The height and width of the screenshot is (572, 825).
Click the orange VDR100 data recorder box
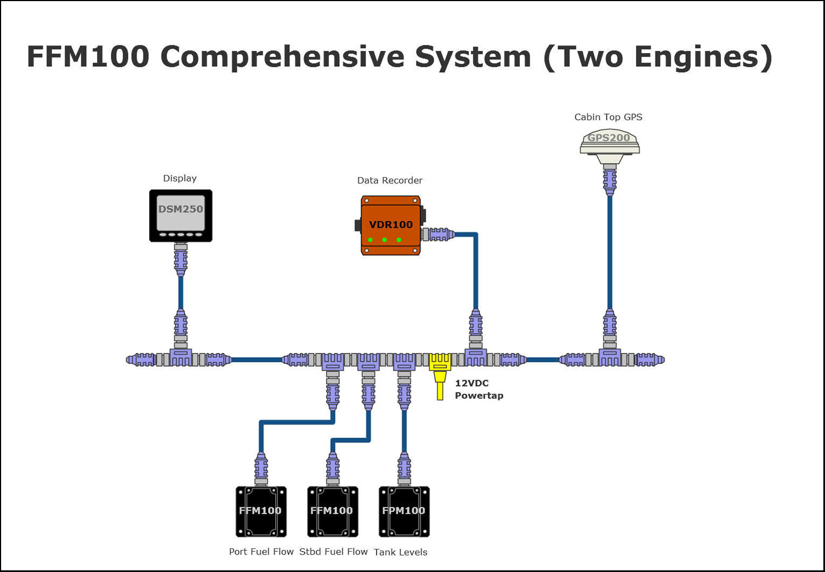(x=390, y=225)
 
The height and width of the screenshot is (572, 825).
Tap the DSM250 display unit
(x=181, y=216)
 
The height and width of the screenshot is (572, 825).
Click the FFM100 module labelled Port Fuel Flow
(x=261, y=511)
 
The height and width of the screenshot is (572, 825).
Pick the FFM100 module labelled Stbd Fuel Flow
(x=333, y=511)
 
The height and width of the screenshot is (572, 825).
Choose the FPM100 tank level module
(x=404, y=511)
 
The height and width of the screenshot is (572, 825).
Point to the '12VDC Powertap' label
(x=479, y=389)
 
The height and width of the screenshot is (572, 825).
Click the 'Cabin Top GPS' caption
(x=608, y=117)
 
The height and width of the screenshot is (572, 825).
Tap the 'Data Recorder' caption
(x=390, y=180)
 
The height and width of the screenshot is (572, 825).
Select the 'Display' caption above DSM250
(x=180, y=178)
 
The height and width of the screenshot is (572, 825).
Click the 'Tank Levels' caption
(x=400, y=552)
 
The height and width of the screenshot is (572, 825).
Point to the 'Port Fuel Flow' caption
(x=261, y=552)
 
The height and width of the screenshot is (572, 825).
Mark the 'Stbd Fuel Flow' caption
(x=333, y=552)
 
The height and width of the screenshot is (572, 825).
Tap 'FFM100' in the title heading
(x=88, y=56)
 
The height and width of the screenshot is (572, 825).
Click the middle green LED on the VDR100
(x=385, y=240)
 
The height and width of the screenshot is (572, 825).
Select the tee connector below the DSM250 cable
(x=180, y=358)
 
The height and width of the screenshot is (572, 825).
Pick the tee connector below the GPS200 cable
(x=610, y=358)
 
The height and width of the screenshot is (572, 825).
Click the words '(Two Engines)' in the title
(x=657, y=56)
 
